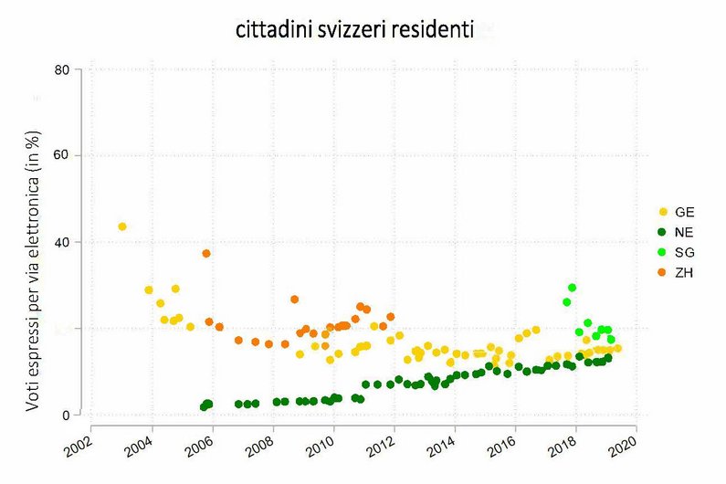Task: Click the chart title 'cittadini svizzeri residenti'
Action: tap(355, 31)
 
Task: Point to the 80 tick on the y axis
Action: tap(63, 69)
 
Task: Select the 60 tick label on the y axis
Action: tap(63, 156)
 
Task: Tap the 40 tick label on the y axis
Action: tap(63, 242)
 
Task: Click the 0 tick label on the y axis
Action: tap(67, 416)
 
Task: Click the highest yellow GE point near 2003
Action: tap(122, 226)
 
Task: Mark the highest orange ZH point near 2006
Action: tap(206, 253)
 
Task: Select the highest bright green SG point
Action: tap(572, 288)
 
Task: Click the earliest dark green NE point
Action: tap(204, 407)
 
